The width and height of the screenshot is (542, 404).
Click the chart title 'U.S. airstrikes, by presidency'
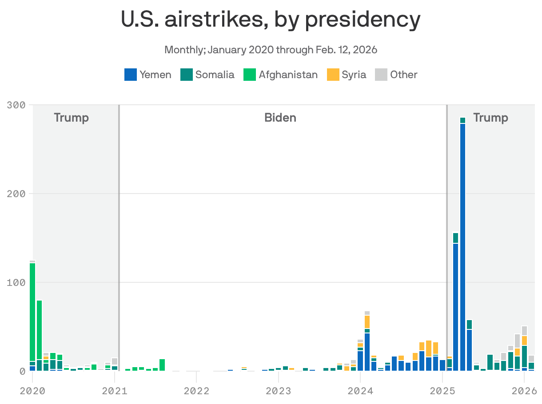271,20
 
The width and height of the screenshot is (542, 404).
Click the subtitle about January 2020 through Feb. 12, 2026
271,49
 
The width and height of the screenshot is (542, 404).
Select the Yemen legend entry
148,75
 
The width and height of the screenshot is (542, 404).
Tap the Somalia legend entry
207,75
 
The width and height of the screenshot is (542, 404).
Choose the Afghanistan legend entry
281,75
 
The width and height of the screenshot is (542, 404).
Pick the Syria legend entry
347,75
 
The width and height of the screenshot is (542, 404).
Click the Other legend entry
396,75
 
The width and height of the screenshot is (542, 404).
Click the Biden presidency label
280,118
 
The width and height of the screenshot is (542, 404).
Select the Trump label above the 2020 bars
71,118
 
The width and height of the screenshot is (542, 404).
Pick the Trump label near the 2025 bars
490,118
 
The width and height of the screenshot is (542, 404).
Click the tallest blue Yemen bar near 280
462,244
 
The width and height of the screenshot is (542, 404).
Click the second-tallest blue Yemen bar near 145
456,306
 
